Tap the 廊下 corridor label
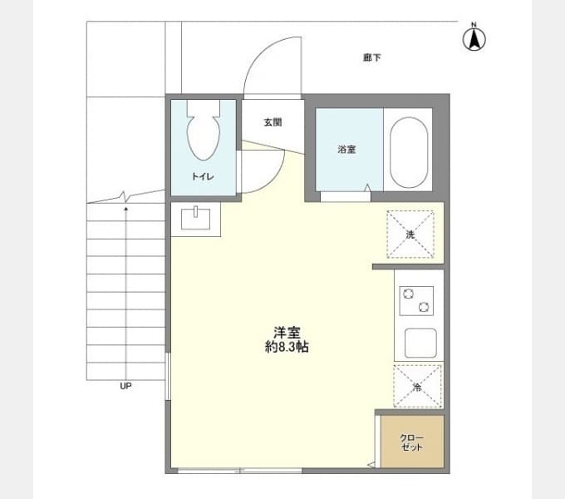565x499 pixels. [x=372, y=57]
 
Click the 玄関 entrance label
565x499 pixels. [x=273, y=122]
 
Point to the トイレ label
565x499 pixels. [x=203, y=176]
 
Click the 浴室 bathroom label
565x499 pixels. [x=346, y=149]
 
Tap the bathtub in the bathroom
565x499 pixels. [x=409, y=152]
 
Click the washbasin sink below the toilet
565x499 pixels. [x=195, y=219]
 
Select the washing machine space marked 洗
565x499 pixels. [x=410, y=235]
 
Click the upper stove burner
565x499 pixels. [x=408, y=294]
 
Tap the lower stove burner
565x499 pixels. [x=424, y=308]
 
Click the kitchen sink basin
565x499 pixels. [x=420, y=343]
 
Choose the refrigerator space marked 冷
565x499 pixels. [x=417, y=387]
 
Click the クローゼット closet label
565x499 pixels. [x=411, y=442]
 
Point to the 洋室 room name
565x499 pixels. [x=287, y=332]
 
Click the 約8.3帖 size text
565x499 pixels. [x=287, y=347]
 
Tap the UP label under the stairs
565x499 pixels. [x=125, y=386]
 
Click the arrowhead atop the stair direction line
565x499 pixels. [x=125, y=209]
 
